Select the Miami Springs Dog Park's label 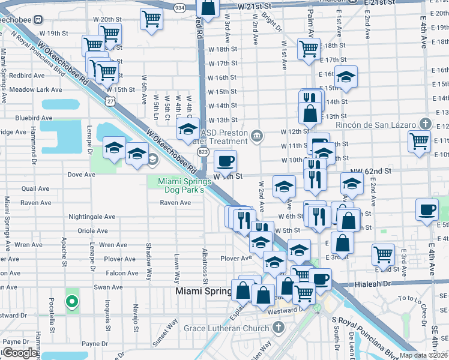click(181, 185)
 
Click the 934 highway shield click(179, 7)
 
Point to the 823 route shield click(203, 153)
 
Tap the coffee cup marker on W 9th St click(225, 160)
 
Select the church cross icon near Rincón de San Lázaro click(425, 124)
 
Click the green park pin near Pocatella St click(72, 301)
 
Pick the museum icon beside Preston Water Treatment click(257, 136)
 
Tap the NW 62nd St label click(376, 171)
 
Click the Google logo click(20, 353)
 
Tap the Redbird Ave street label click(26, 76)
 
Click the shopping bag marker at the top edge click(208, 7)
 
